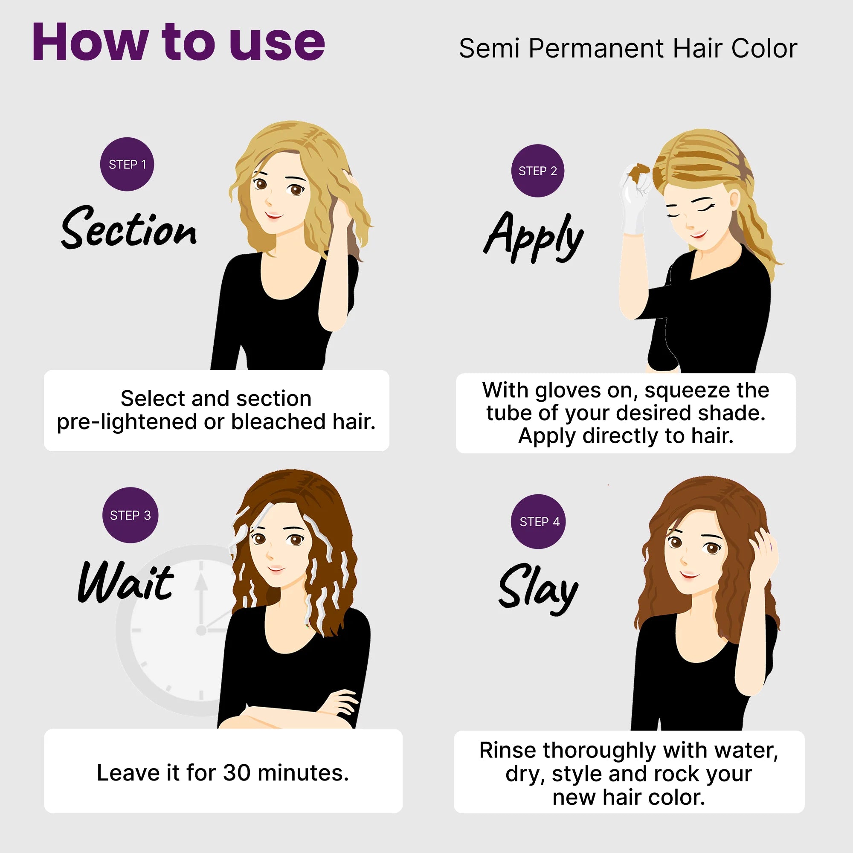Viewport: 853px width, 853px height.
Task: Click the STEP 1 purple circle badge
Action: click(x=127, y=164)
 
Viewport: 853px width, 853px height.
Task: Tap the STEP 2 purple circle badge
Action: click(x=538, y=171)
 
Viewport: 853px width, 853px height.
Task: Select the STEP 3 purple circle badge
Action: click(x=130, y=515)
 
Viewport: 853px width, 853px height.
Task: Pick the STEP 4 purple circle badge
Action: click(x=538, y=522)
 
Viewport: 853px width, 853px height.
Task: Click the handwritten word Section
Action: click(x=129, y=228)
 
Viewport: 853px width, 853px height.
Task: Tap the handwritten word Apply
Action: click(x=534, y=238)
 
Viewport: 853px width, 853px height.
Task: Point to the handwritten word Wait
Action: click(x=126, y=582)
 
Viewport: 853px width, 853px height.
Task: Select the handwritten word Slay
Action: click(x=538, y=590)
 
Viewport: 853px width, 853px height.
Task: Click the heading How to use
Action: click(x=179, y=41)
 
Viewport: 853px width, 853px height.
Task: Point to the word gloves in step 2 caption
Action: click(x=568, y=390)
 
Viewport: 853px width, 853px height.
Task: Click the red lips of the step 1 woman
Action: click(x=274, y=215)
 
